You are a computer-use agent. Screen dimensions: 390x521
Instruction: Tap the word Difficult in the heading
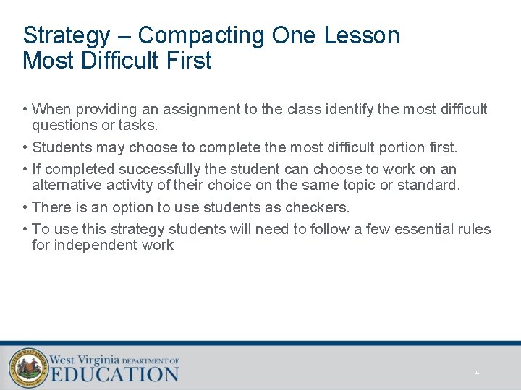click(x=126, y=61)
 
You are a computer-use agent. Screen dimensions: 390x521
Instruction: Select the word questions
click(x=64, y=125)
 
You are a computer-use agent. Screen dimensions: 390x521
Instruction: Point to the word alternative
click(x=67, y=185)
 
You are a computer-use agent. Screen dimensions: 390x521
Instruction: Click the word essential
click(x=421, y=230)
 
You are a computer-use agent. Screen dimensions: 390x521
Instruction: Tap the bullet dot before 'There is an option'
click(x=25, y=208)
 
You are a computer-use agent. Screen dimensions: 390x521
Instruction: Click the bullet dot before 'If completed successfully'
click(x=25, y=170)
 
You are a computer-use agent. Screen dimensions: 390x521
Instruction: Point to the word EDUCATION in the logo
click(x=114, y=374)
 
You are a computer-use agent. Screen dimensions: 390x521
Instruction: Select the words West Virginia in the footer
click(x=85, y=359)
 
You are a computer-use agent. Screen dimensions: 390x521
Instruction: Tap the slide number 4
click(x=477, y=373)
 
